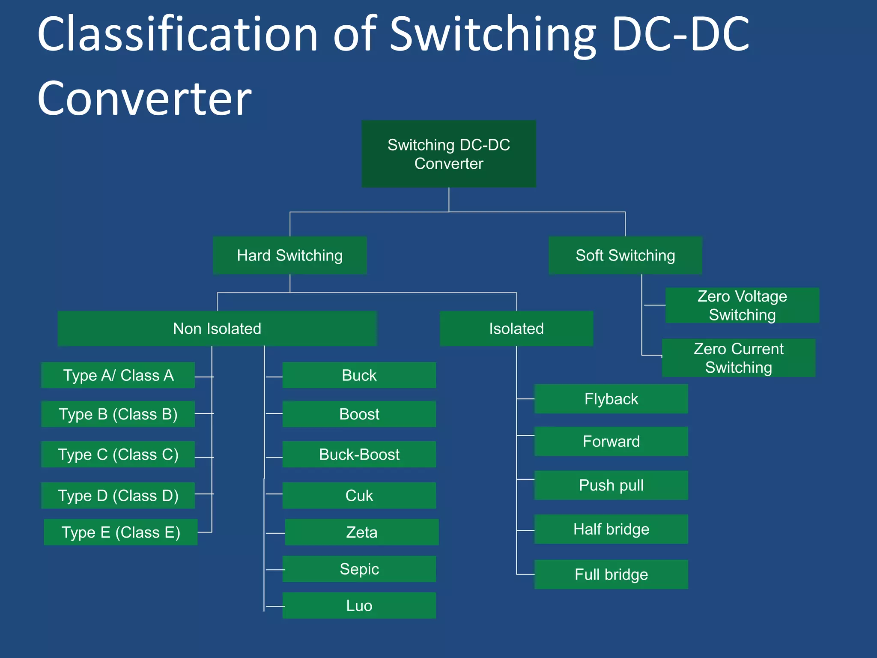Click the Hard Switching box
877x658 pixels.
coord(290,256)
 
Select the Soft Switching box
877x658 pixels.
coord(625,256)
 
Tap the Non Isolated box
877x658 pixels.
coord(217,329)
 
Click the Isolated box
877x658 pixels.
coord(516,329)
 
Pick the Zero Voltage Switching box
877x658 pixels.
coord(742,305)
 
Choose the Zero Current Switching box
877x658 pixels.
coord(739,358)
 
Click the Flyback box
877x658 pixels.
coord(611,399)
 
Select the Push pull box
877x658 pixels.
coord(611,485)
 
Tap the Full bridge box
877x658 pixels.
coord(611,574)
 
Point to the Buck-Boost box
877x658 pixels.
coord(359,455)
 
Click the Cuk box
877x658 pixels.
coord(359,496)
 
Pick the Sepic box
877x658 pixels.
coord(359,569)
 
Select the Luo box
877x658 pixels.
coord(359,606)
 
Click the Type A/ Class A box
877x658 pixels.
coord(118,375)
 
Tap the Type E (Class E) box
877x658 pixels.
coord(121,532)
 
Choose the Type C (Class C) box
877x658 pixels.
coord(118,455)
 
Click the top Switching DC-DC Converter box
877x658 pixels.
coord(449,154)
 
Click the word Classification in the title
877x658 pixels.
coord(178,34)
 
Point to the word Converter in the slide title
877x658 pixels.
coord(144,99)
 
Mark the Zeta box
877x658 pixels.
coord(362,532)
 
